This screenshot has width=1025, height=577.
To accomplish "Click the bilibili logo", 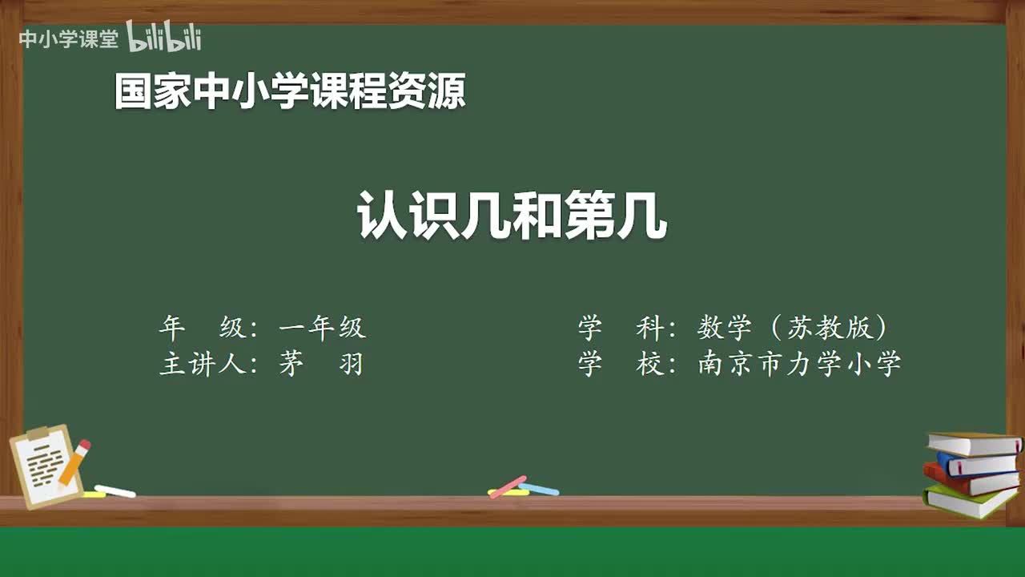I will pyautogui.click(x=164, y=38).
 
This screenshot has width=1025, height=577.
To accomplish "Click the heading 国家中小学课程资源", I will pyautogui.click(x=289, y=91).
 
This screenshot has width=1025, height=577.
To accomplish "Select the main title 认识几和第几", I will pyautogui.click(x=512, y=216).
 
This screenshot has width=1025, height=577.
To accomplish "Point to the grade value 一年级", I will pyautogui.click(x=322, y=328).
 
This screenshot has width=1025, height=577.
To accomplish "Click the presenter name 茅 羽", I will pyautogui.click(x=321, y=365).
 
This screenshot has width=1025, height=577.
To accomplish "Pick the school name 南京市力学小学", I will pyautogui.click(x=799, y=365).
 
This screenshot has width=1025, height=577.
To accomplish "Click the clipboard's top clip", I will pyautogui.click(x=38, y=434).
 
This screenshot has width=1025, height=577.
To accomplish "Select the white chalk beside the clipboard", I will pyautogui.click(x=115, y=491).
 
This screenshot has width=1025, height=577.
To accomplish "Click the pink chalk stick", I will pyautogui.click(x=508, y=486).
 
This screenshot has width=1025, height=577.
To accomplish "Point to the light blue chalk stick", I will pyautogui.click(x=540, y=489).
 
